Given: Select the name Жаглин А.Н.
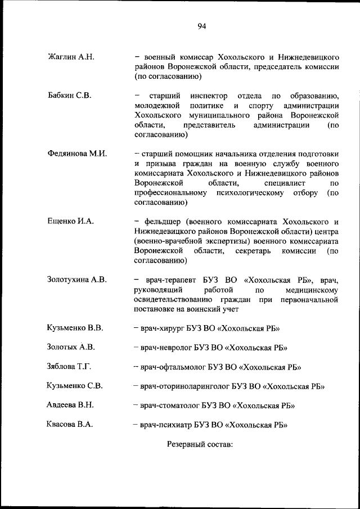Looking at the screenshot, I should pyautogui.click(x=71, y=57).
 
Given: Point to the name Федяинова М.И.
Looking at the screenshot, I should pyautogui.click(x=78, y=154).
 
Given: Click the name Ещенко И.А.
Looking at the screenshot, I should pyautogui.click(x=70, y=221).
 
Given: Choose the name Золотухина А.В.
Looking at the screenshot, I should pyautogui.click(x=77, y=280).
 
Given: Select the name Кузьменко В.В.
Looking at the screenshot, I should pyautogui.click(x=75, y=327).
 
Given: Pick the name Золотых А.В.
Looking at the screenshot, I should pyautogui.click(x=71, y=346).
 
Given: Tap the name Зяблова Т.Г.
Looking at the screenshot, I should pyautogui.click(x=69, y=366).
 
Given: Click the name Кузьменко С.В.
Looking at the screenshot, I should pyautogui.click(x=74, y=386).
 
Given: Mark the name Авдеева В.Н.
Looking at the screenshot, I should pyautogui.click(x=70, y=405).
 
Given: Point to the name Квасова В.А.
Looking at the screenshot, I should pyautogui.click(x=70, y=425).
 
